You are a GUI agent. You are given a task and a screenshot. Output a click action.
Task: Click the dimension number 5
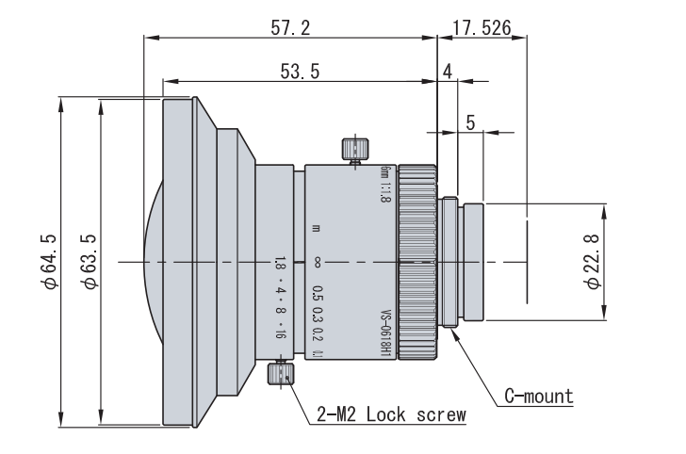[x=470, y=122]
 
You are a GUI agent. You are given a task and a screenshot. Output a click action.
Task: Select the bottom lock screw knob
[x=278, y=375]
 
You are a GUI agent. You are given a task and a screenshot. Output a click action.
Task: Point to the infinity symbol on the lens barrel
[x=318, y=261]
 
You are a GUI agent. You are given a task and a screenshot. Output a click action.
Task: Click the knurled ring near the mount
[x=417, y=261]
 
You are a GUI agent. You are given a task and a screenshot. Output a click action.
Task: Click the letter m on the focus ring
[x=318, y=229]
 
